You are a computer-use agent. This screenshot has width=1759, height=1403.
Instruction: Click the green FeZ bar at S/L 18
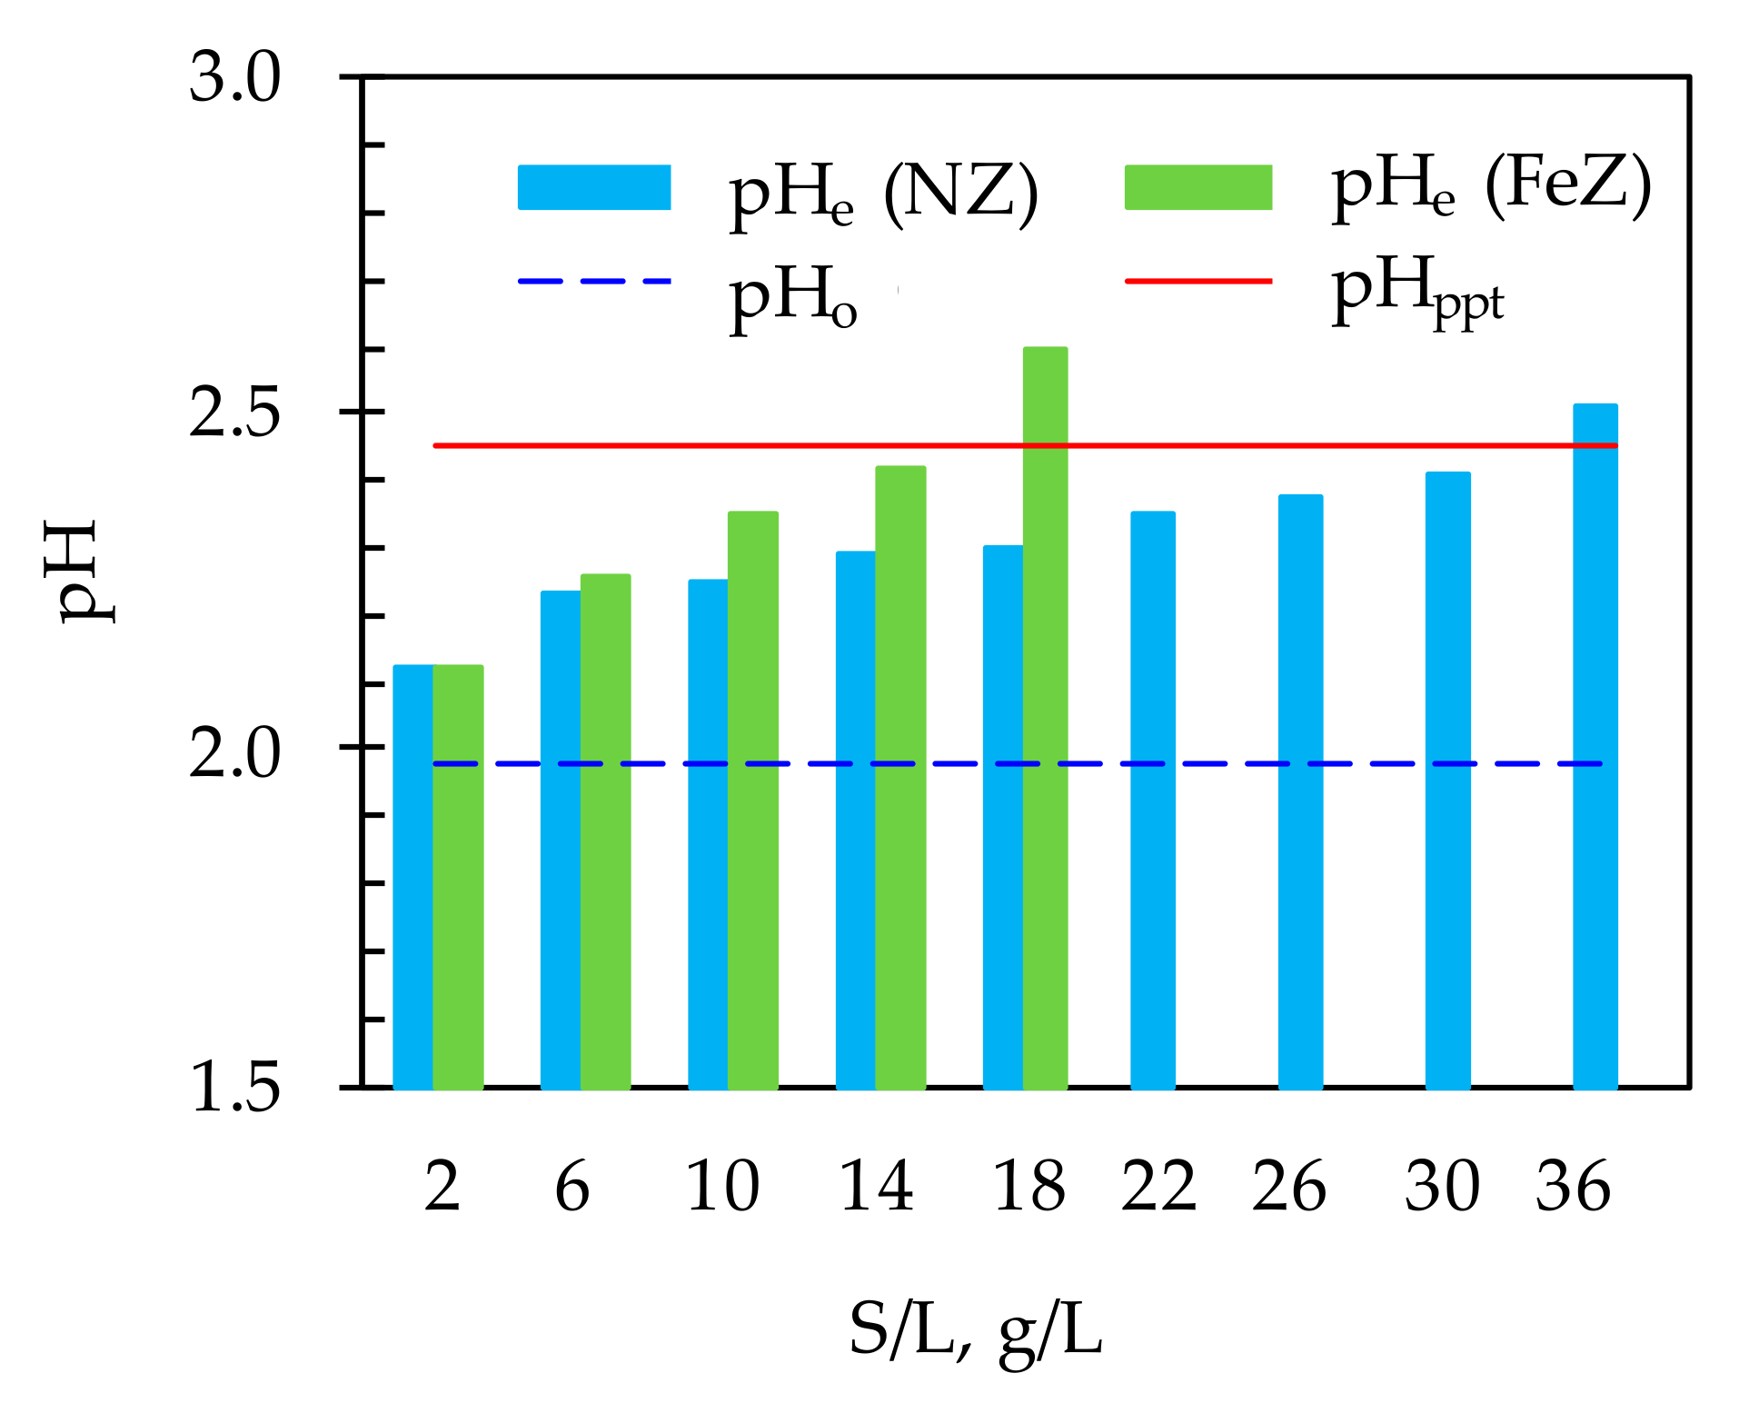tap(1045, 718)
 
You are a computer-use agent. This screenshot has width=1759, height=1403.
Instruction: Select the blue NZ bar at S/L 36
tap(1595, 745)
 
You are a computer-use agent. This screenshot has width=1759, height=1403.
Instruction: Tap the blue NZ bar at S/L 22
tap(1152, 800)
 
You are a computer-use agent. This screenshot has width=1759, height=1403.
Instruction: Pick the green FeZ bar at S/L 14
tap(900, 777)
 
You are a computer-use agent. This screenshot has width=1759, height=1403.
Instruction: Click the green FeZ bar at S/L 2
tap(458, 877)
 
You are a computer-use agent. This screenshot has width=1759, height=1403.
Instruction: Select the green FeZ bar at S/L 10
tap(752, 800)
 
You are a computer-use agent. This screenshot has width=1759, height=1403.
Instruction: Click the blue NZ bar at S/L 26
tap(1300, 791)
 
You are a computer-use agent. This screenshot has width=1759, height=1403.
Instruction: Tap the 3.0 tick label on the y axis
tap(234, 79)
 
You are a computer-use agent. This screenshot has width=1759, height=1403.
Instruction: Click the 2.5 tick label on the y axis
tap(234, 413)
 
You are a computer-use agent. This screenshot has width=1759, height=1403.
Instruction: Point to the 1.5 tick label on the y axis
tap(234, 1088)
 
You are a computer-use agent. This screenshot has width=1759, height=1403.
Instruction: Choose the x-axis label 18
tap(1029, 1187)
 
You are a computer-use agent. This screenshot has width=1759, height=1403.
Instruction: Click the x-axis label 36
tap(1573, 1187)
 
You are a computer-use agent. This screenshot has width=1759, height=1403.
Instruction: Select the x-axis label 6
tap(572, 1187)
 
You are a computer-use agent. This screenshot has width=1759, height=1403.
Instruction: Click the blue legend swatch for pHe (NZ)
tap(594, 187)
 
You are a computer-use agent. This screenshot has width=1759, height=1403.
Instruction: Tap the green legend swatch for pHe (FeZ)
tap(1198, 187)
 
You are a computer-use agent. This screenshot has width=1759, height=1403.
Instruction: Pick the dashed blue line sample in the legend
tap(594, 282)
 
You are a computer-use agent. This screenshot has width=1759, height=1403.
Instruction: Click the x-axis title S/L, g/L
tap(975, 1332)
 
